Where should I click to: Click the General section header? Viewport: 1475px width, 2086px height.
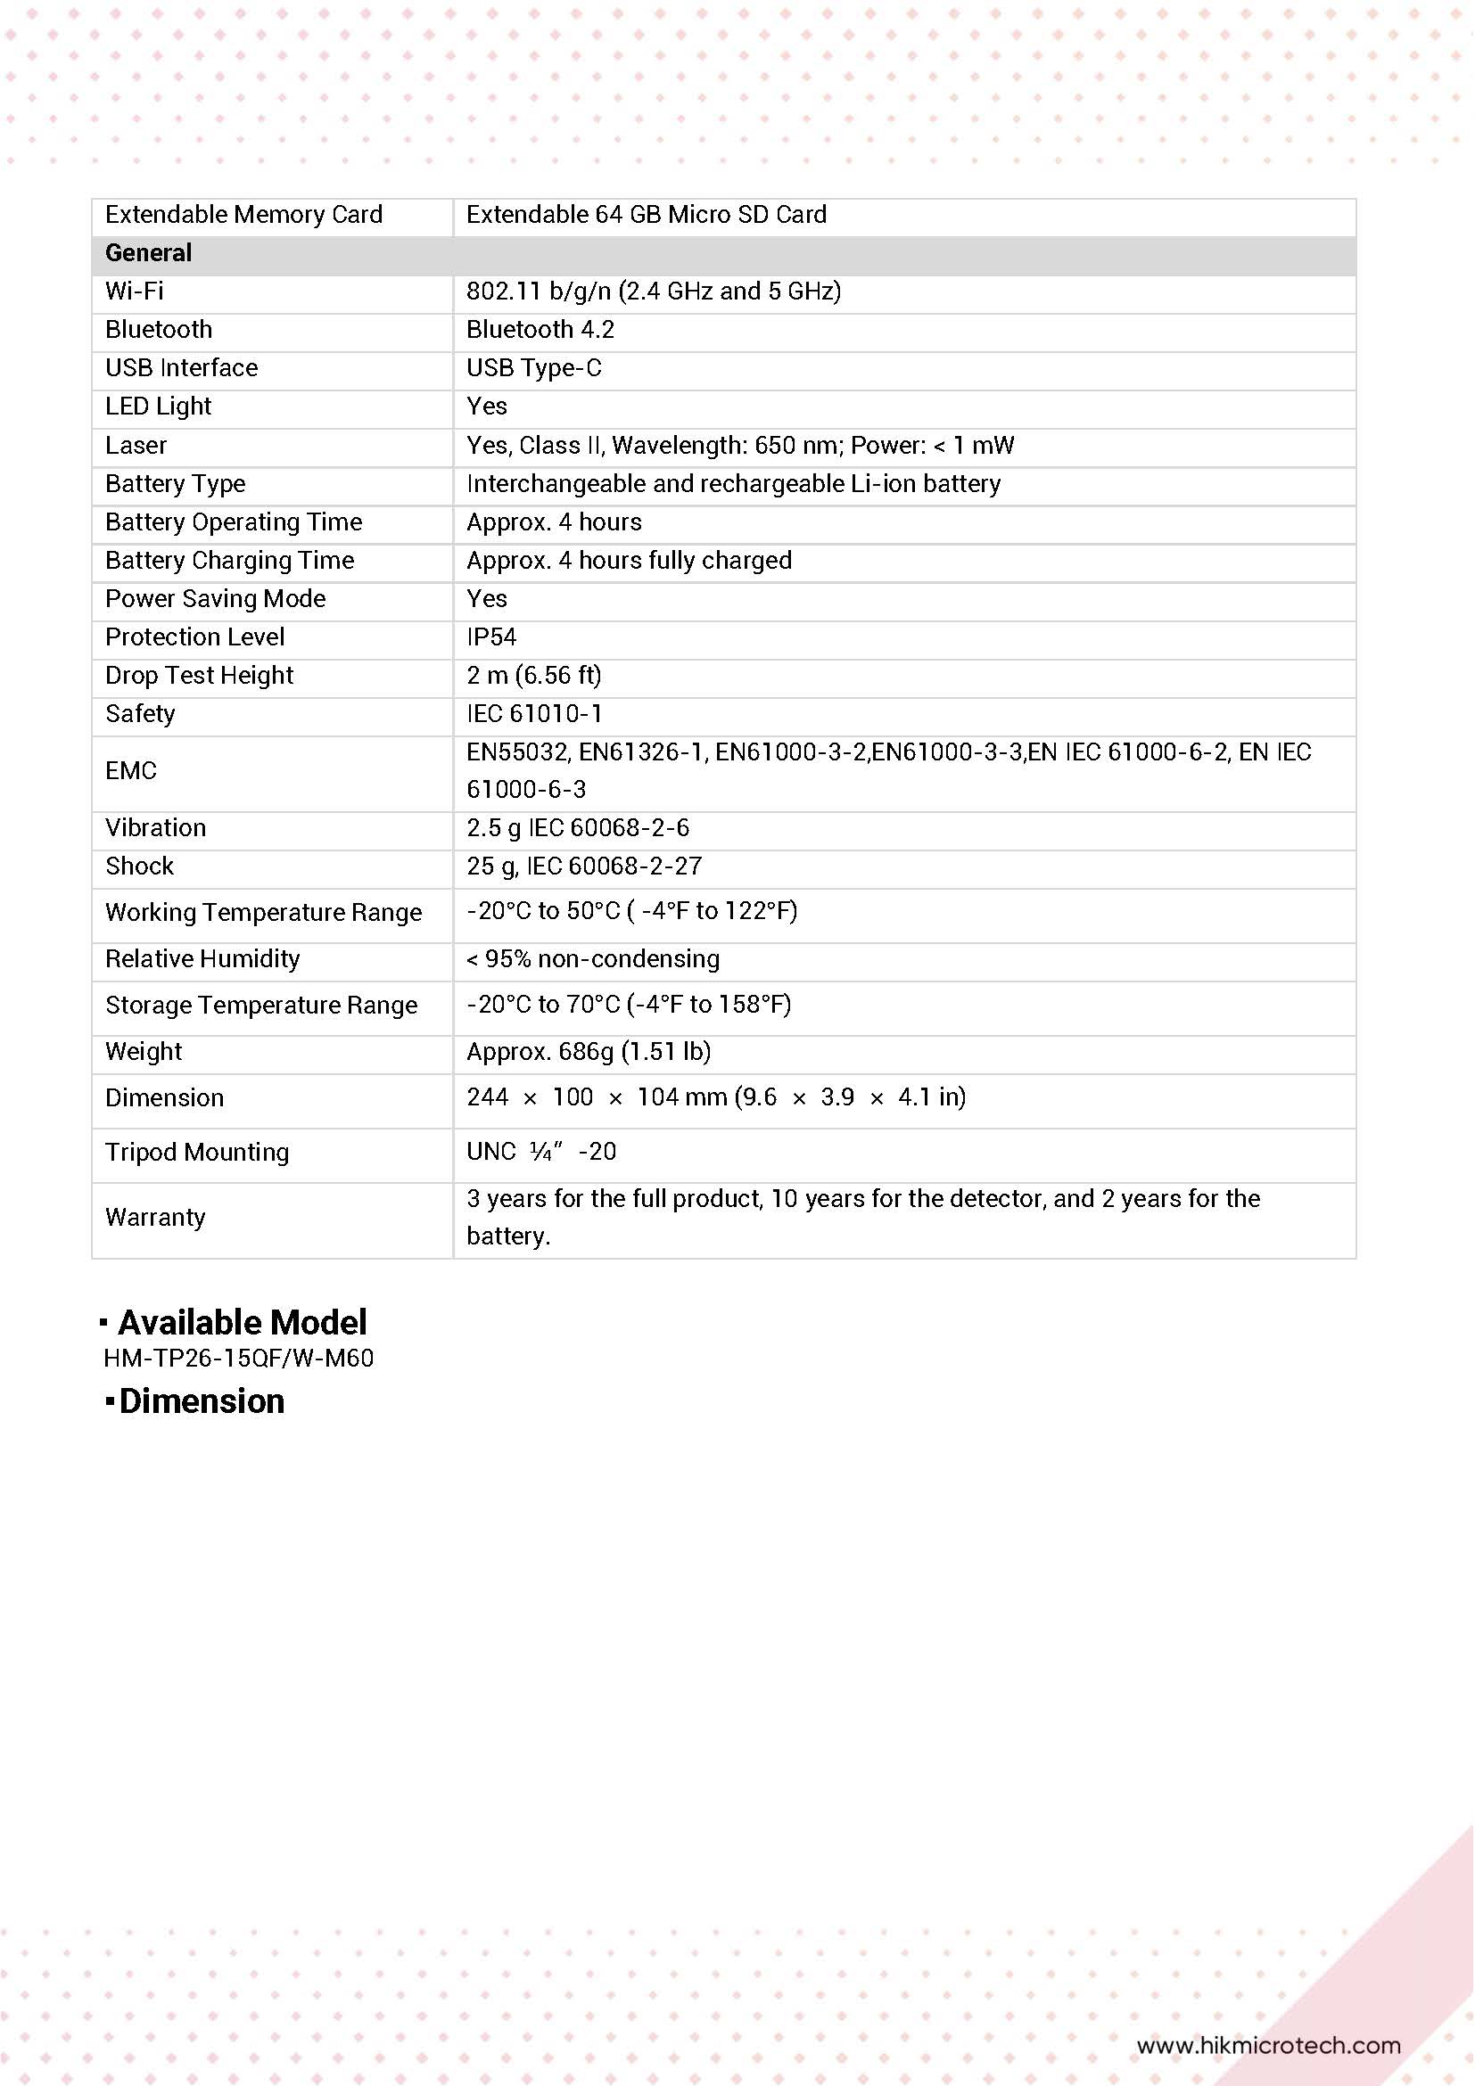pyautogui.click(x=148, y=252)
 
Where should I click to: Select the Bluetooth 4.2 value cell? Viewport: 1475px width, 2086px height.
pyautogui.click(x=540, y=330)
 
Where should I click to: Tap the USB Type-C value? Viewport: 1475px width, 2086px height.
pyautogui.click(x=533, y=368)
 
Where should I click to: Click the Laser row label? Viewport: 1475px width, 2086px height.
pyautogui.click(x=136, y=445)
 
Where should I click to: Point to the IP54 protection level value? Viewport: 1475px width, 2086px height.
pyautogui.click(x=490, y=636)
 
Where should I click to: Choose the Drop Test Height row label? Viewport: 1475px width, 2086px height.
pyautogui.click(x=199, y=675)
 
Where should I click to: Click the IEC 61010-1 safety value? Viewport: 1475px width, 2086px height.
pyautogui.click(x=533, y=714)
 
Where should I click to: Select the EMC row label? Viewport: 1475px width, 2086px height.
pyautogui.click(x=131, y=770)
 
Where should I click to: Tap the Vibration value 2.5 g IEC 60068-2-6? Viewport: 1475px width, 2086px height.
pyautogui.click(x=577, y=827)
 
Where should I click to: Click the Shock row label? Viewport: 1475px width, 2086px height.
pyautogui.click(x=139, y=866)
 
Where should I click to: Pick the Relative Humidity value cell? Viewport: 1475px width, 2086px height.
pyautogui.click(x=592, y=958)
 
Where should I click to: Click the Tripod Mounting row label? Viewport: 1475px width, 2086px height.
pyautogui.click(x=197, y=1152)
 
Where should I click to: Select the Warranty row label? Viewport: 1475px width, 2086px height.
pyautogui.click(x=155, y=1218)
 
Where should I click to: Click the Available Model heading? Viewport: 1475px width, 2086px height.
pyautogui.click(x=242, y=1322)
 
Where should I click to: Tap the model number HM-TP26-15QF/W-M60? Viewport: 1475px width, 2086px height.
pyautogui.click(x=239, y=1359)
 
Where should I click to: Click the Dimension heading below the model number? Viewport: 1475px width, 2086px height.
pyautogui.click(x=201, y=1401)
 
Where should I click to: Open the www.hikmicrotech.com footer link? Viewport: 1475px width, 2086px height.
pyautogui.click(x=1268, y=2045)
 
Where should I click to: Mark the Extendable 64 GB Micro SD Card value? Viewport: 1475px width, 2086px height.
pyautogui.click(x=647, y=215)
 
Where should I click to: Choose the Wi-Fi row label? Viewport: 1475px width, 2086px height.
pyautogui.click(x=135, y=291)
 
